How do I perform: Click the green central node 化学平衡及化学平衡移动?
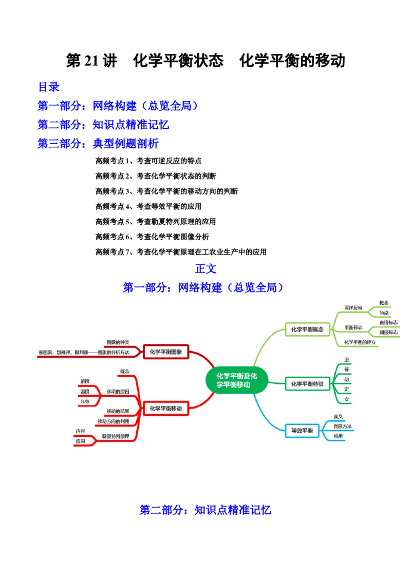(x=236, y=380)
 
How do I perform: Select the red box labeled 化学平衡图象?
(x=166, y=352)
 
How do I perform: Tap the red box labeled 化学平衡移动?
(x=166, y=408)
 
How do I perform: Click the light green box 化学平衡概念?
(x=307, y=329)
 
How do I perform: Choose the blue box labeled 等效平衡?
(x=302, y=430)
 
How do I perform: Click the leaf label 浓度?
(x=85, y=381)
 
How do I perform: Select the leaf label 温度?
(x=85, y=392)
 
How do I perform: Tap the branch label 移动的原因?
(x=118, y=392)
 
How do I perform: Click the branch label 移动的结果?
(x=118, y=411)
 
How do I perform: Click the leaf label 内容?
(x=81, y=431)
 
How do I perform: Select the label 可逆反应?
(x=353, y=308)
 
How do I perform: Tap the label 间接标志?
(x=388, y=332)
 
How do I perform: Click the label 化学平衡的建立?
(x=360, y=342)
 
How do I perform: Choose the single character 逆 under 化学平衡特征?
(x=347, y=359)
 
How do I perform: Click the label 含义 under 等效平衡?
(x=338, y=416)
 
